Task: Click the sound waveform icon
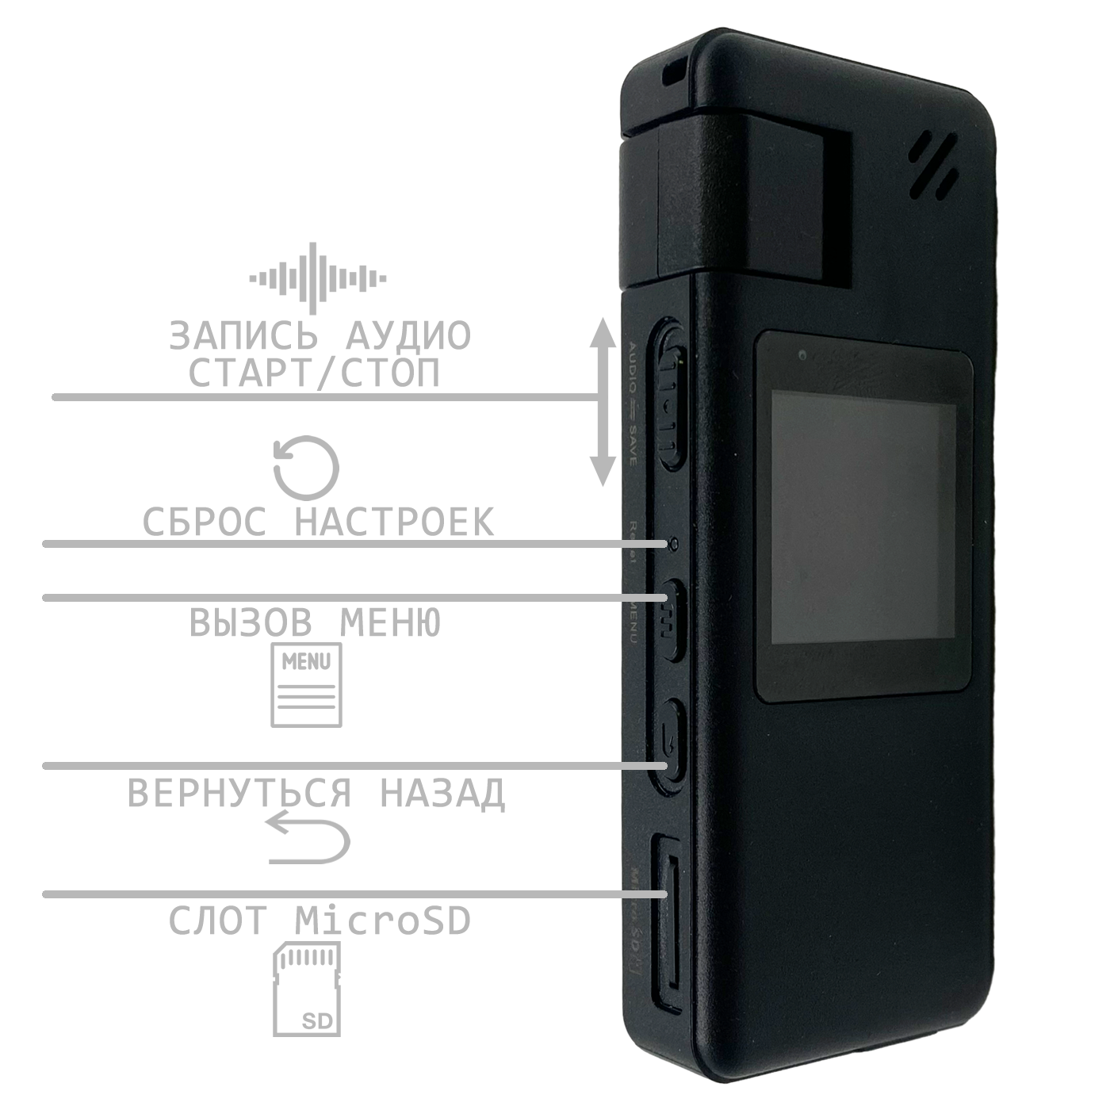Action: pyautogui.click(x=318, y=278)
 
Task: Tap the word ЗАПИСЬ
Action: pyautogui.click(x=243, y=335)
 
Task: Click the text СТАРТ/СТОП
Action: pyautogui.click(x=314, y=373)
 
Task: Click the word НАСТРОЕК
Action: pyautogui.click(x=394, y=522)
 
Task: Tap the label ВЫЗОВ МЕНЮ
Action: pyautogui.click(x=315, y=623)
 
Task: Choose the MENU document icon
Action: pyautogui.click(x=307, y=685)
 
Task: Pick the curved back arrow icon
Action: pyautogui.click(x=308, y=838)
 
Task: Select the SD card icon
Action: pyautogui.click(x=307, y=989)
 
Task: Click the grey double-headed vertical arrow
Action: pyautogui.click(x=603, y=402)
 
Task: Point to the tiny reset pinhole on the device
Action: pyautogui.click(x=673, y=544)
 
